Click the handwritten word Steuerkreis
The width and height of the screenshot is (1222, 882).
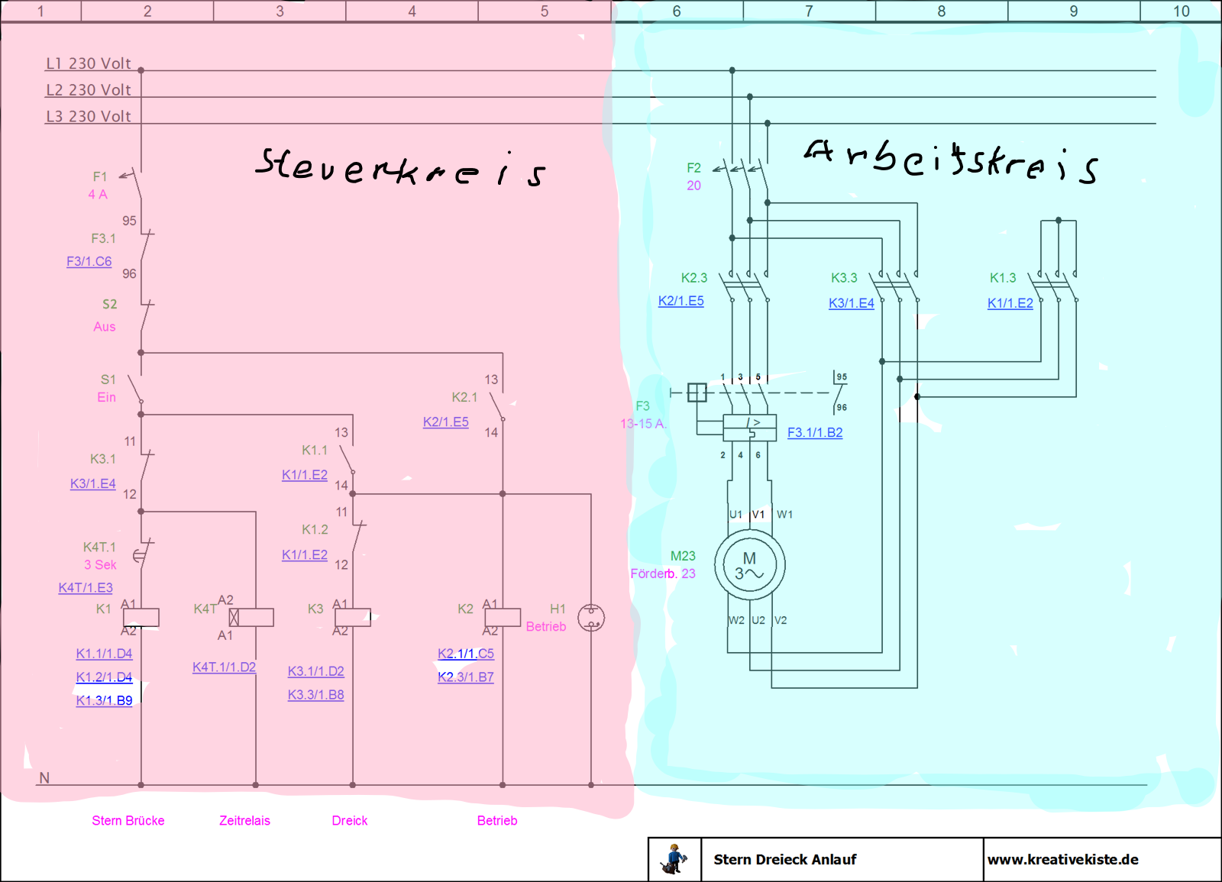coord(400,167)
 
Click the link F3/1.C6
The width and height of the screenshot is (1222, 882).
coord(89,261)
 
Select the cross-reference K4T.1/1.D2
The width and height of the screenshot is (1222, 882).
coord(225,667)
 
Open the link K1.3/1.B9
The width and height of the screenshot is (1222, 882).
coord(104,700)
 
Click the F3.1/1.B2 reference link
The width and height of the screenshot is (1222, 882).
coord(815,432)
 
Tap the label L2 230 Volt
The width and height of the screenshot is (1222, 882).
coord(89,89)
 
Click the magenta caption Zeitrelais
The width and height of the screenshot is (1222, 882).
coord(244,820)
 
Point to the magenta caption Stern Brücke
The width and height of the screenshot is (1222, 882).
coord(128,820)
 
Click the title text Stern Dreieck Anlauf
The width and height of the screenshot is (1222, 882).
coord(785,860)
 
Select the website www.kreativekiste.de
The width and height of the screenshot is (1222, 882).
coord(1062,860)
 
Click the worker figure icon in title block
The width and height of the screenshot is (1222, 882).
coord(674,859)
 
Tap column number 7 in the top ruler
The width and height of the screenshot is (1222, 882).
coord(809,11)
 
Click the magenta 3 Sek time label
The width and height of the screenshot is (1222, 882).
coord(100,564)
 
